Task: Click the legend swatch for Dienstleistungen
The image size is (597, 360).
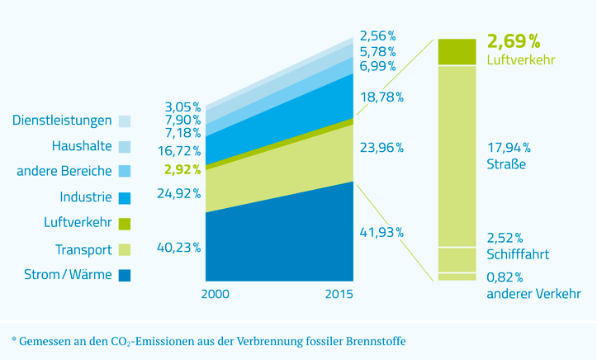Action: click(x=124, y=121)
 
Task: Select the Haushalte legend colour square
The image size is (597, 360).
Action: click(x=124, y=147)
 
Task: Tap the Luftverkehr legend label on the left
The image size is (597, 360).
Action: click(x=78, y=223)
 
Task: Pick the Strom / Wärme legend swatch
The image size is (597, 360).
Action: click(x=124, y=274)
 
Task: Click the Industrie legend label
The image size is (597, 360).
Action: click(x=85, y=197)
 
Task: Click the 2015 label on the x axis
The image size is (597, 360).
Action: click(x=339, y=295)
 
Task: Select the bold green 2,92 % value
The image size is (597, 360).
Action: click(x=182, y=169)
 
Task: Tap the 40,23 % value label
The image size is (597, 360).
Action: click(x=178, y=247)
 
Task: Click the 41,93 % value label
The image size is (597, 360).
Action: click(x=381, y=232)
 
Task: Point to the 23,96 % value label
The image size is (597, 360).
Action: click(x=381, y=148)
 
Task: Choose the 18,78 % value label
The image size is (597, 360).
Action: click(x=381, y=97)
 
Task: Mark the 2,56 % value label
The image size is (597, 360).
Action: click(x=377, y=36)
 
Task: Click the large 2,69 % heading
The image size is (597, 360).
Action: click(x=514, y=41)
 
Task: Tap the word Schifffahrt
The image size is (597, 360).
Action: click(x=519, y=254)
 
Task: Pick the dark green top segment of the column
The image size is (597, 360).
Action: click(x=457, y=51)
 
